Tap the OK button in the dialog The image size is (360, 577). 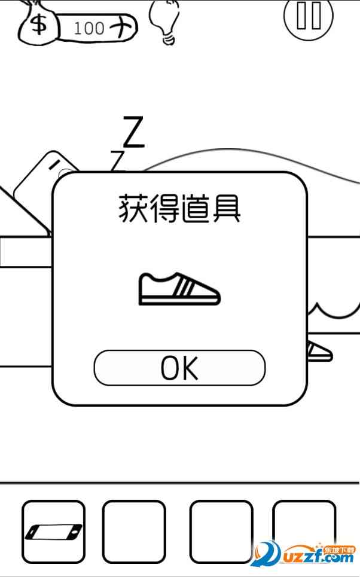coord(179,368)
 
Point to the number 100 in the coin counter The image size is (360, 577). coord(90,28)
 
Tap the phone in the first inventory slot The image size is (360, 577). coord(53,531)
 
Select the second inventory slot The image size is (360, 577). coord(133,531)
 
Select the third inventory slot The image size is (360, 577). coord(221,531)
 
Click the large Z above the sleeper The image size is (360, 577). coord(133,132)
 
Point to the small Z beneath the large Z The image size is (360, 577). coord(118,160)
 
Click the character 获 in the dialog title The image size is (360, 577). coord(130,210)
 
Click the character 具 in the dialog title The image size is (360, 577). coord(227,210)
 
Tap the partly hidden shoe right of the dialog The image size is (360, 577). coord(320,352)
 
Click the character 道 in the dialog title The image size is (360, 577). coord(195,210)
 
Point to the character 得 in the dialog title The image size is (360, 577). coord(163,210)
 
